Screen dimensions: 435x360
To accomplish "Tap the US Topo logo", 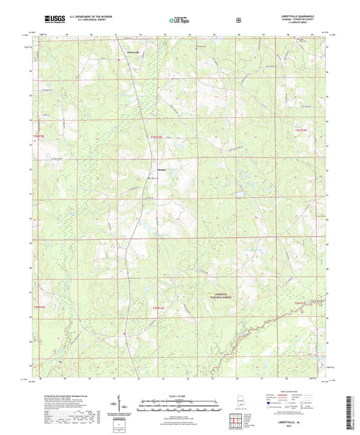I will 178,21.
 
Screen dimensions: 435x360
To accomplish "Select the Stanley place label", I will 162,169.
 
